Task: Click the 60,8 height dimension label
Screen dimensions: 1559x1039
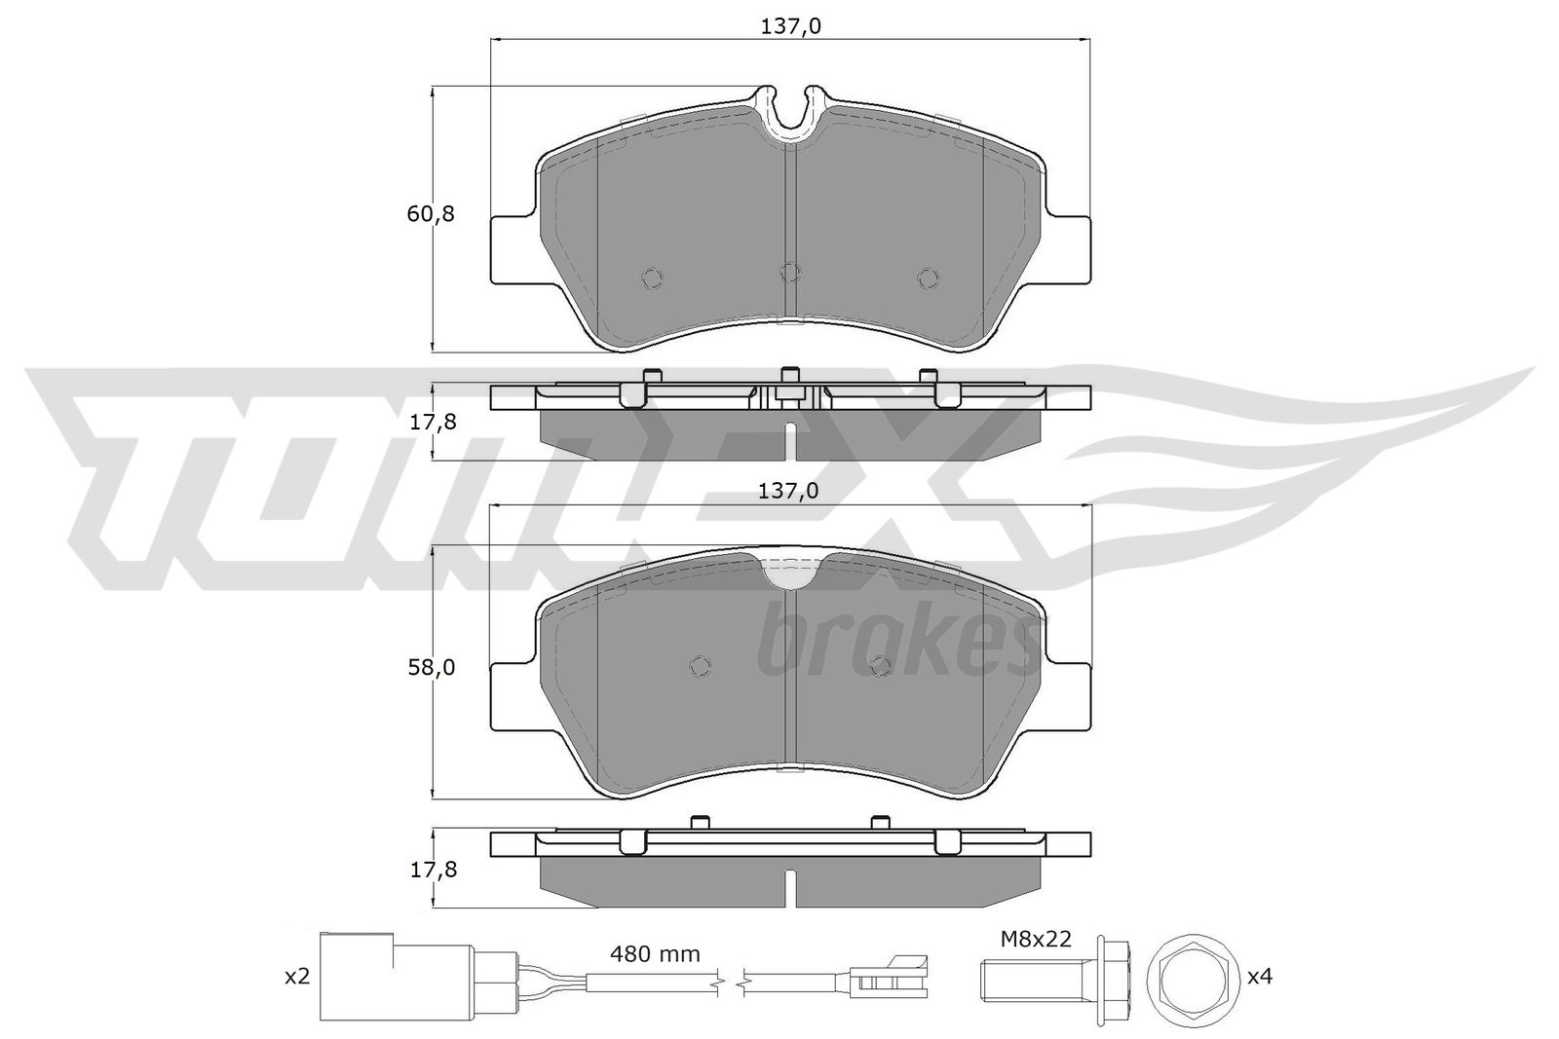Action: tap(430, 214)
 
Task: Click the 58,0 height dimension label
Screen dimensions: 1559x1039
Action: tap(431, 668)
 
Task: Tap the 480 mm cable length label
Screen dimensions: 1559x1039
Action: tap(655, 953)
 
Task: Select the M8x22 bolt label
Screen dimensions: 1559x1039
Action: tap(1036, 939)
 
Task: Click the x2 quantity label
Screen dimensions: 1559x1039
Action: tap(297, 977)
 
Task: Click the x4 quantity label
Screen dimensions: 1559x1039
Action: tap(1259, 977)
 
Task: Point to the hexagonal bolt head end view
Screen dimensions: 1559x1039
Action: tap(1192, 980)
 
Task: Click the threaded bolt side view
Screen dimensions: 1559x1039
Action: tap(1056, 980)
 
